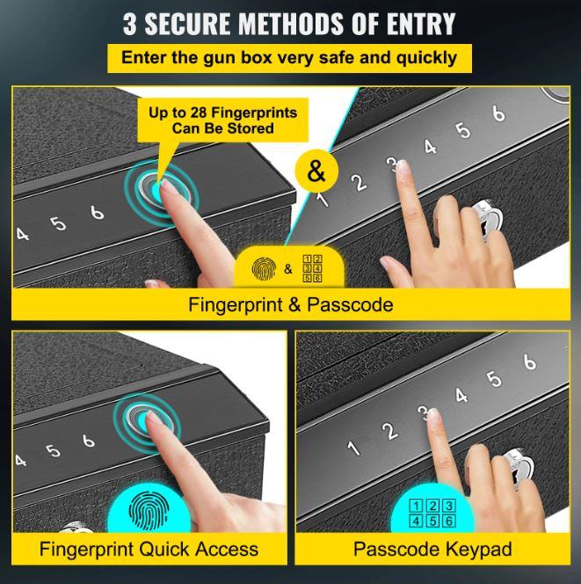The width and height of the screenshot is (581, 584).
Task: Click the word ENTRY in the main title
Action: click(421, 24)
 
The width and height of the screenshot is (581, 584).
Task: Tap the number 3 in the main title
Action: click(129, 24)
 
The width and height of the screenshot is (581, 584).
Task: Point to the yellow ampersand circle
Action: click(316, 171)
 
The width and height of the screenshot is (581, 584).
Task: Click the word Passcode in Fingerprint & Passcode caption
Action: click(350, 304)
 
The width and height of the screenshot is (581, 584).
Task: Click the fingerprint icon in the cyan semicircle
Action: click(149, 510)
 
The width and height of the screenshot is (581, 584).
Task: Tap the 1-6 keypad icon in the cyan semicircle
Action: click(432, 514)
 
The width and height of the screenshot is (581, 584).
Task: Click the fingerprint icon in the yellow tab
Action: click(264, 268)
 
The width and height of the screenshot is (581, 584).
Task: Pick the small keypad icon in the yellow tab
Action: click(312, 268)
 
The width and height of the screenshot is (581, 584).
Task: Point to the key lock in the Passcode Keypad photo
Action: click(519, 471)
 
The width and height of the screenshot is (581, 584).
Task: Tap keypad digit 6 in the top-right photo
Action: click(498, 113)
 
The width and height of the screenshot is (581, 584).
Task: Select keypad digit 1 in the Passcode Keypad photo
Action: click(353, 448)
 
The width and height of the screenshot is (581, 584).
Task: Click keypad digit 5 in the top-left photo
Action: click(58, 223)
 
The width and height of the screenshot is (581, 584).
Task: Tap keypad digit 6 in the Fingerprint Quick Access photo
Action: click(88, 441)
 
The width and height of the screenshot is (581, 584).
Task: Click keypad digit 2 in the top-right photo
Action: click(359, 183)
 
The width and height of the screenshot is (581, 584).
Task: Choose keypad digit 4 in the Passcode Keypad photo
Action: click(461, 396)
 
